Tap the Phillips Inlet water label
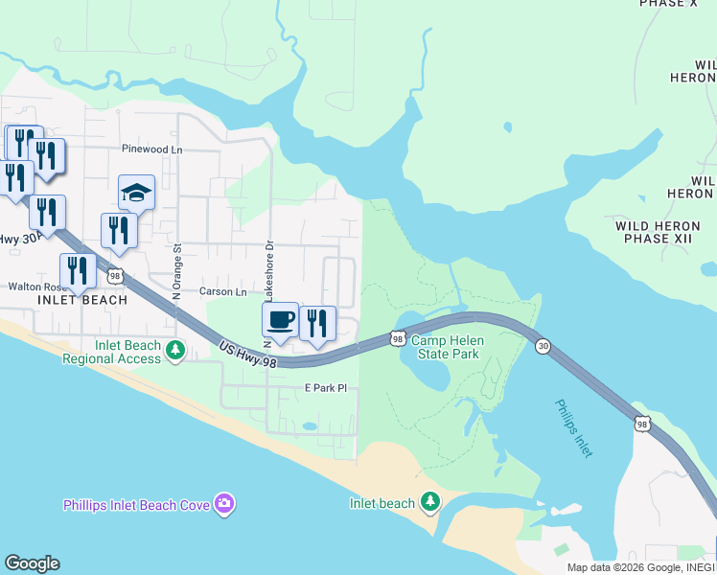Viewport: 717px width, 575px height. (x=573, y=427)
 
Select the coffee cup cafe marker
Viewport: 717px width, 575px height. (x=280, y=320)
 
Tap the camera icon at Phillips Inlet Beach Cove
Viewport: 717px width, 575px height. (x=224, y=503)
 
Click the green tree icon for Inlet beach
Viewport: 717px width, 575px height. (x=430, y=501)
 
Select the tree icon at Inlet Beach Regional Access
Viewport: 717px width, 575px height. (x=174, y=351)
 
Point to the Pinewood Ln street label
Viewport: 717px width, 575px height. (x=151, y=149)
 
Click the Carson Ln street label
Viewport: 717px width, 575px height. (x=222, y=291)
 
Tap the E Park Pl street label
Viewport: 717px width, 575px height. (x=324, y=388)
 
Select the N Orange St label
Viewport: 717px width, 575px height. (x=177, y=271)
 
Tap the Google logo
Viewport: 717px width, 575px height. (x=32, y=563)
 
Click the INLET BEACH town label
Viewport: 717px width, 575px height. (x=81, y=300)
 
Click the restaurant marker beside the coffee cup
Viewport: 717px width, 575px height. (x=317, y=324)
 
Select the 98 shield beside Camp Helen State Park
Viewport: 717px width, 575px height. (x=397, y=338)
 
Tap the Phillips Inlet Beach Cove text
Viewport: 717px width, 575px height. (x=137, y=504)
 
